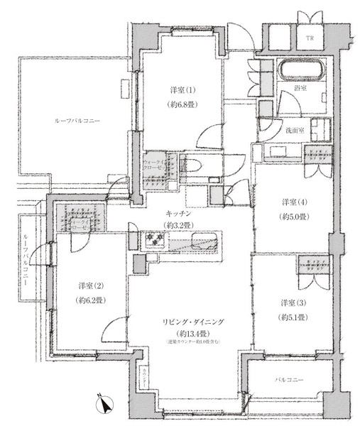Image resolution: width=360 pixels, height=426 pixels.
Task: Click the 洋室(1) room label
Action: click(182, 91)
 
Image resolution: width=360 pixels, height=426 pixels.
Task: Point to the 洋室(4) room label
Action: click(293, 201)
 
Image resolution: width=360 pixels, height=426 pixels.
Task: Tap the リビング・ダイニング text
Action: click(195, 322)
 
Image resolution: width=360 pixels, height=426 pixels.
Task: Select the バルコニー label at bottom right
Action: click(289, 381)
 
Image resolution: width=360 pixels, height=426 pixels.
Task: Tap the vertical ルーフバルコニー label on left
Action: click(26, 259)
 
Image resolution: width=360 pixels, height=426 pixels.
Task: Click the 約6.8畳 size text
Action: click(182, 104)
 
